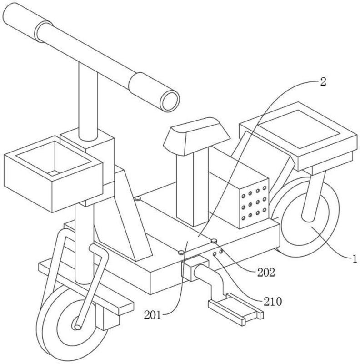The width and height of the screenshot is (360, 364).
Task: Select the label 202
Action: (266, 273)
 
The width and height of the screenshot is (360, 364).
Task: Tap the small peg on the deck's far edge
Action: (137, 198)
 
